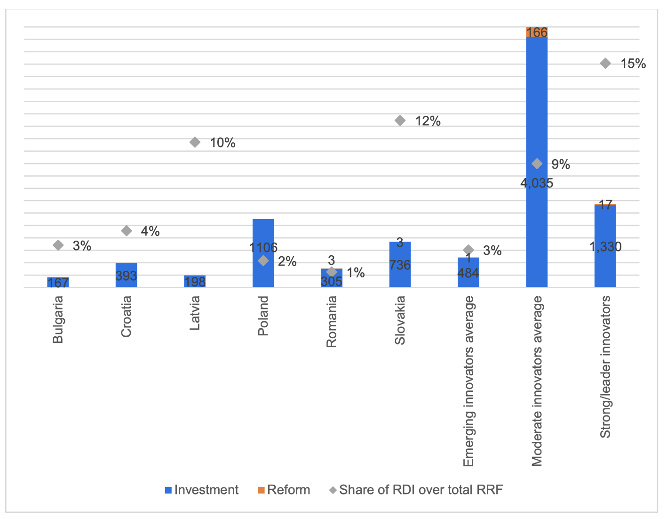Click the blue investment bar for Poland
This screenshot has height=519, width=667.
(x=263, y=231)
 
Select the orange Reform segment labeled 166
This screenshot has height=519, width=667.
(x=537, y=32)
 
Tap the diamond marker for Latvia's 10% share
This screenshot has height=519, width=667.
(x=195, y=142)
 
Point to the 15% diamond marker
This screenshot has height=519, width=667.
(x=605, y=64)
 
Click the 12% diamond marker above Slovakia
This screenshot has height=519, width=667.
(x=400, y=121)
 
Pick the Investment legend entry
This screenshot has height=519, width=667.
(x=202, y=490)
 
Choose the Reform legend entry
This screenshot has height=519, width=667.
(x=284, y=490)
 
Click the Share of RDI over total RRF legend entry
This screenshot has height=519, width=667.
(x=416, y=490)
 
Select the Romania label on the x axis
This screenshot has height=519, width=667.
(x=332, y=322)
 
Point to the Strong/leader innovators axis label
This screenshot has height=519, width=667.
(x=605, y=367)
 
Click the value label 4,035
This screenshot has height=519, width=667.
(x=537, y=183)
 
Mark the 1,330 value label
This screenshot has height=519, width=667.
(x=605, y=246)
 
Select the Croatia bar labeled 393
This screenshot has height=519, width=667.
(x=126, y=276)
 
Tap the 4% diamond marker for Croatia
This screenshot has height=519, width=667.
(x=127, y=231)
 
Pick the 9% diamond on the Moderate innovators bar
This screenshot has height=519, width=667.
(x=537, y=164)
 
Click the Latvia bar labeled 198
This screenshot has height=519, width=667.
(x=195, y=282)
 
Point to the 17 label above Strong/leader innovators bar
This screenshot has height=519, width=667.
(x=606, y=205)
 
